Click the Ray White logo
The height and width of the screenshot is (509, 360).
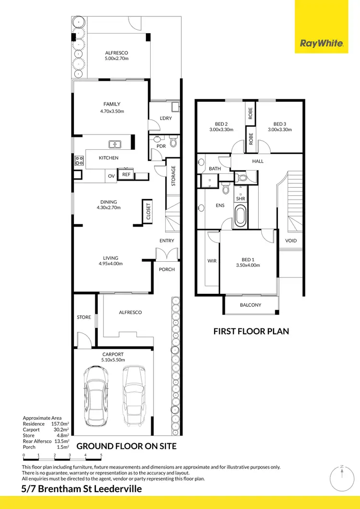(321, 44)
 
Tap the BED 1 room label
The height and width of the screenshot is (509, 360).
(248, 260)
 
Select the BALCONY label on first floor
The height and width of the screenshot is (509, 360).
(250, 305)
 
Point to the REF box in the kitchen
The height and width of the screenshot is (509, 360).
(126, 175)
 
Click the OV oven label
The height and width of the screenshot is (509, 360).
(111, 176)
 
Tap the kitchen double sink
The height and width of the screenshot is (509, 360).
(115, 143)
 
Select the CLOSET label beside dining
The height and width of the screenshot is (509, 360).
(148, 211)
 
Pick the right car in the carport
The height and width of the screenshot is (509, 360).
(132, 397)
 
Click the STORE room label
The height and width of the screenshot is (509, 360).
(84, 317)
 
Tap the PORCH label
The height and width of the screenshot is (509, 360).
(167, 269)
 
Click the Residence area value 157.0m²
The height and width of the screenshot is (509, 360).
(60, 424)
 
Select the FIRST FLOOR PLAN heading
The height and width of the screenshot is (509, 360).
(251, 331)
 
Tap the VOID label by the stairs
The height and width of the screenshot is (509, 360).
(291, 241)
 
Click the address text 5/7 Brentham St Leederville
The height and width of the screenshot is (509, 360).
(82, 489)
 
